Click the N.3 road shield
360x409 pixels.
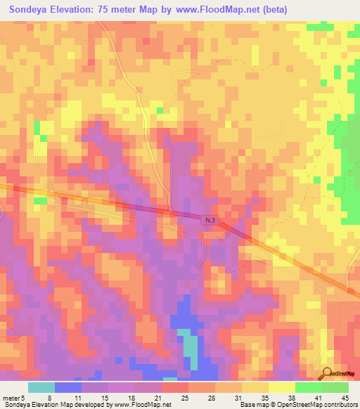(212, 220)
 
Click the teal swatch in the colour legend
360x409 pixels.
(41, 387)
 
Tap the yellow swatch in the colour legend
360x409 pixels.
(282, 387)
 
